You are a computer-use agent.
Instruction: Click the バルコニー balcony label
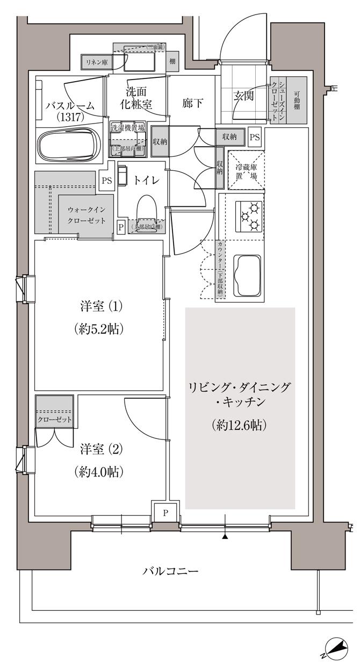coord(170,571)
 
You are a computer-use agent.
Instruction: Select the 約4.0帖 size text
coord(99,472)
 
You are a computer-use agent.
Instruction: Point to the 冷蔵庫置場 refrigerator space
coord(246,170)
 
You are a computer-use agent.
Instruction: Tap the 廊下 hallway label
coord(192,102)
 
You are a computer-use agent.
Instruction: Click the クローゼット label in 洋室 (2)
coord(54,419)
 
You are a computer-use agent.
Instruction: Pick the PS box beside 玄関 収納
coord(254,137)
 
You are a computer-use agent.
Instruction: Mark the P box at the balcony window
coord(165,513)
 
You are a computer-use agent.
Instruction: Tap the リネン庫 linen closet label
coord(97,62)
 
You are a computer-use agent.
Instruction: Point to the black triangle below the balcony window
coord(226,536)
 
